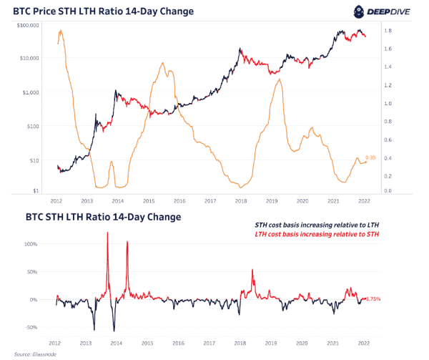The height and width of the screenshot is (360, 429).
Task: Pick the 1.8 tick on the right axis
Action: [387, 31]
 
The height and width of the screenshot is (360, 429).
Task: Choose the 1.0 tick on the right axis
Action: [387, 103]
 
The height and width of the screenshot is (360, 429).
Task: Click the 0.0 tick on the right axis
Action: [387, 191]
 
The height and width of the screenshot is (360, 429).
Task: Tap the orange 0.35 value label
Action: [371, 157]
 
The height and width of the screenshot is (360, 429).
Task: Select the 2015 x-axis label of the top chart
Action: [149, 202]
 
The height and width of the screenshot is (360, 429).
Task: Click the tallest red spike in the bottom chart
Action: [107, 234]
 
